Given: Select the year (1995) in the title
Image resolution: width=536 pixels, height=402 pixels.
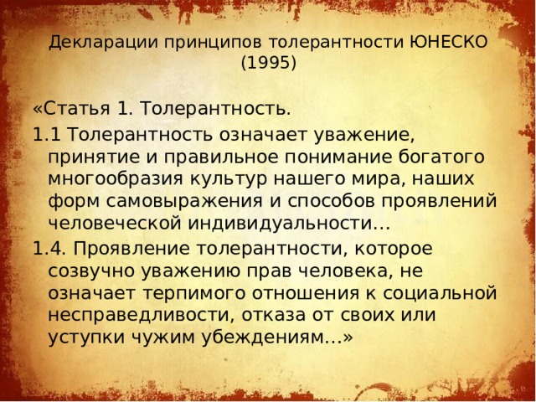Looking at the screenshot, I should (x=267, y=62).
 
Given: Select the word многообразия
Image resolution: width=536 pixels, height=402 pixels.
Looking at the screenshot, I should (x=116, y=179).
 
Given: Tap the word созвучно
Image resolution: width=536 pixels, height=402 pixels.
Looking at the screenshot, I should (x=91, y=271).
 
